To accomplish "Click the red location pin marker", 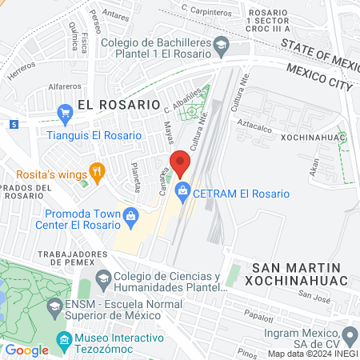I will click(180, 162).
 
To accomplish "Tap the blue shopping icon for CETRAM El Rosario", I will click(183, 191).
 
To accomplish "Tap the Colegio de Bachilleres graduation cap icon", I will click(220, 48).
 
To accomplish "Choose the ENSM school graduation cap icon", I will click(54, 306).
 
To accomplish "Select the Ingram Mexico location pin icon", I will click(349, 334).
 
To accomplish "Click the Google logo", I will click(26, 350).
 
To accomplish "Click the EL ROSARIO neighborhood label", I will click(119, 104).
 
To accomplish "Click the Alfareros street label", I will click(65, 85).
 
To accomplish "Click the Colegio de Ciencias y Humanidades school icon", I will click(103, 279).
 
